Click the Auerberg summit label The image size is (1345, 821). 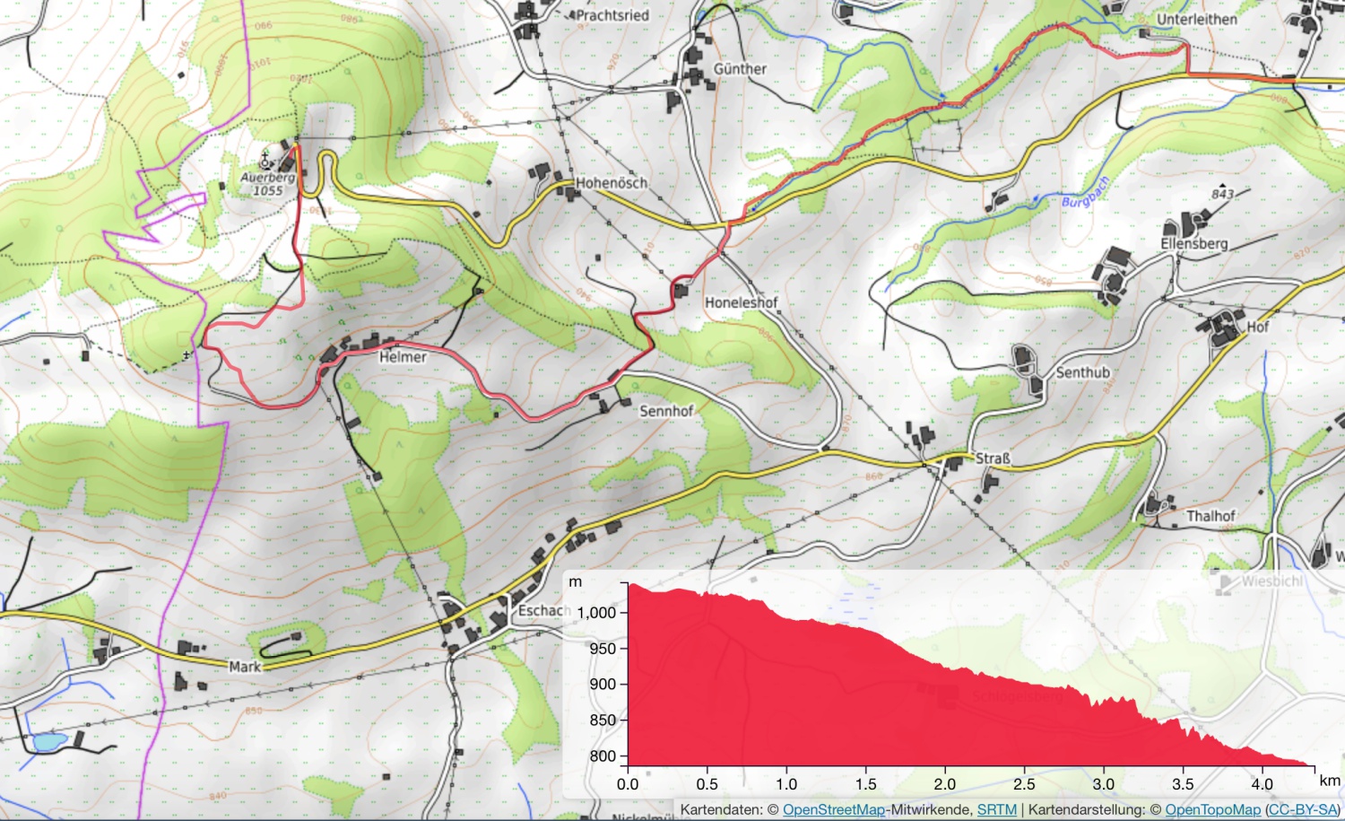267,178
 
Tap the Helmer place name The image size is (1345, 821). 403,357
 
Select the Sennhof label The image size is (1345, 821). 666,411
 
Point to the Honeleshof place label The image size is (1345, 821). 741,303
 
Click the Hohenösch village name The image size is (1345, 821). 612,183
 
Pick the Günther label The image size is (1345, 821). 740,69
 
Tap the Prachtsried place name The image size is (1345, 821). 612,15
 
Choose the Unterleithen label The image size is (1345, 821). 1196,20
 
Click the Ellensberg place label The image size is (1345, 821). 1193,244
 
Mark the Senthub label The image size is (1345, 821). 1082,372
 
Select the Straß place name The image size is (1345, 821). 993,459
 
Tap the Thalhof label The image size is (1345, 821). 1210,516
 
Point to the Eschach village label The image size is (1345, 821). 544,611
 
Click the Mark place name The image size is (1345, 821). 245,667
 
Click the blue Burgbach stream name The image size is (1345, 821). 1085,193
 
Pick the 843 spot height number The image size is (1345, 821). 1222,194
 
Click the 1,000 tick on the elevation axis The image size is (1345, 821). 596,613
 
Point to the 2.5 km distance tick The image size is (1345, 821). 1024,784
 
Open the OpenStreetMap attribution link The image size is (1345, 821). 833,810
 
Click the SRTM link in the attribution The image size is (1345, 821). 996,810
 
